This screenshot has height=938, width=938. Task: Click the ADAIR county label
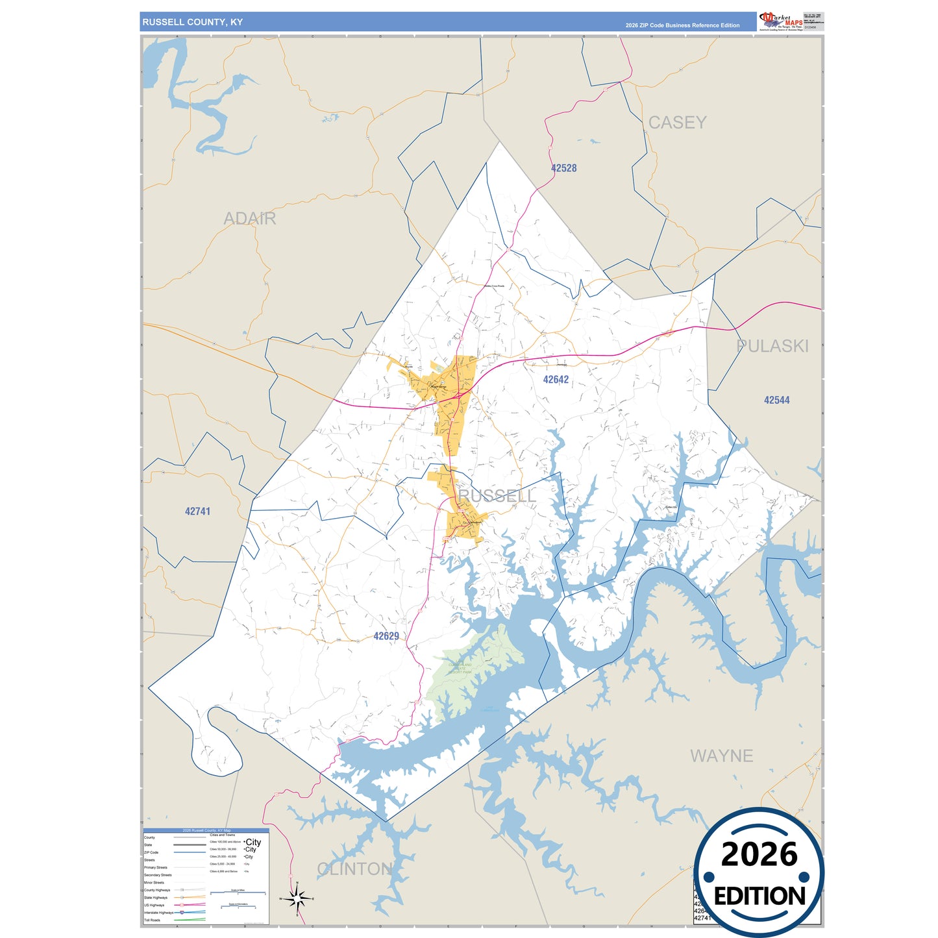[x=250, y=219]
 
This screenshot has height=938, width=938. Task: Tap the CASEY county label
[x=677, y=123]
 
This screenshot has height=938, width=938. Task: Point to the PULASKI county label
[x=772, y=346]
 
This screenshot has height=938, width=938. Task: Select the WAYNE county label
[x=721, y=756]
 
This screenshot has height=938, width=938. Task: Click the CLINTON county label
[x=354, y=869]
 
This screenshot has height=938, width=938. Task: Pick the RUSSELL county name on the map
[x=497, y=496]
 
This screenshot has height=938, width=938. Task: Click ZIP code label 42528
[x=563, y=168]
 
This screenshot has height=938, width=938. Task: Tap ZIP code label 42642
[x=556, y=380]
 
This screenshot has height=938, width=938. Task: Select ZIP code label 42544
[x=776, y=401]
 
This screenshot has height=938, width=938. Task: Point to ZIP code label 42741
[x=197, y=512]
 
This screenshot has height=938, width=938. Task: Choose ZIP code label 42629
[x=386, y=636]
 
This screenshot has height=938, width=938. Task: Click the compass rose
[x=297, y=899]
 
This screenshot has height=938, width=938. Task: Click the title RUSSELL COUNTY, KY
[x=192, y=22]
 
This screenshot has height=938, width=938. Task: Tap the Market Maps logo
[x=781, y=21]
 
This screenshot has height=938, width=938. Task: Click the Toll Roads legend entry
[x=152, y=920]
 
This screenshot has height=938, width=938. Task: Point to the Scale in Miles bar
[x=238, y=893]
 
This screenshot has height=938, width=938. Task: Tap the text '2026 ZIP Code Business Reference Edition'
[x=682, y=25]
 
